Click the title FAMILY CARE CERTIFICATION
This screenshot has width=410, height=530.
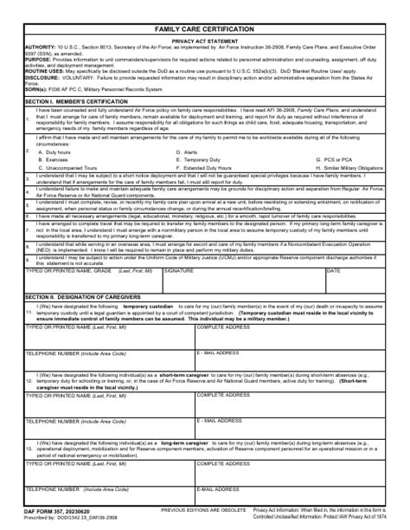click(204, 29)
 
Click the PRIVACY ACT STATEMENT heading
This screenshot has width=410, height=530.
click(204, 41)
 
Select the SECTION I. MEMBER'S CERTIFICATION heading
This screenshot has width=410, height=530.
click(77, 101)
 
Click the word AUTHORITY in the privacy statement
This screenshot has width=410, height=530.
click(40, 47)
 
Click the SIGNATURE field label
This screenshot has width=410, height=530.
click(178, 270)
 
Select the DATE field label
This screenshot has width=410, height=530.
click(333, 270)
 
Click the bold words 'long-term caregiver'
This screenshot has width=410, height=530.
click(183, 443)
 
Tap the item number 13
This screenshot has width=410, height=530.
click(29, 449)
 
